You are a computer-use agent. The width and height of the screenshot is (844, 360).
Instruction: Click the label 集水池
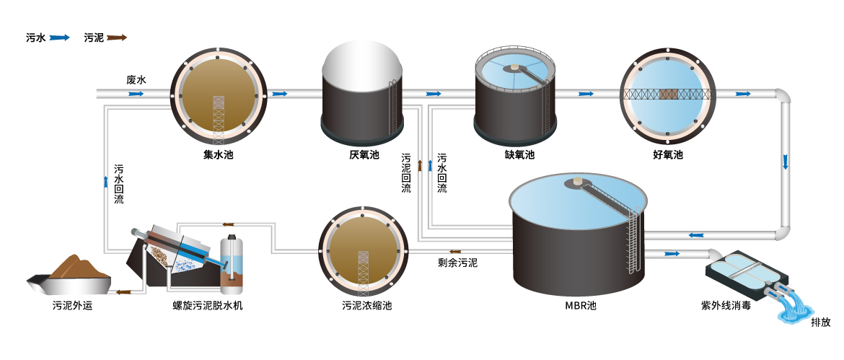pyautogui.click(x=219, y=154)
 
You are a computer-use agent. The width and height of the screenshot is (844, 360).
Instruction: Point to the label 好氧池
pyautogui.click(x=667, y=154)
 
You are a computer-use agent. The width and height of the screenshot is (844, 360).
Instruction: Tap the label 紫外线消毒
pyautogui.click(x=726, y=305)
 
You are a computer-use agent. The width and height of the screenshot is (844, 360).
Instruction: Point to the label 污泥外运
pyautogui.click(x=73, y=305)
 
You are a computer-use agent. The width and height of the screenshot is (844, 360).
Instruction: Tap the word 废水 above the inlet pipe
pyautogui.click(x=136, y=80)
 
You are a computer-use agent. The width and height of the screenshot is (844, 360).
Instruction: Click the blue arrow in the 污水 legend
pyautogui.click(x=59, y=38)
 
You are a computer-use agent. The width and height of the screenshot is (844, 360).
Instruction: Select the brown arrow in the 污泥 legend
pyautogui.click(x=116, y=38)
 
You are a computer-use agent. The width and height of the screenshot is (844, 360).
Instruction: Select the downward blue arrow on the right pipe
pyautogui.click(x=786, y=162)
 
